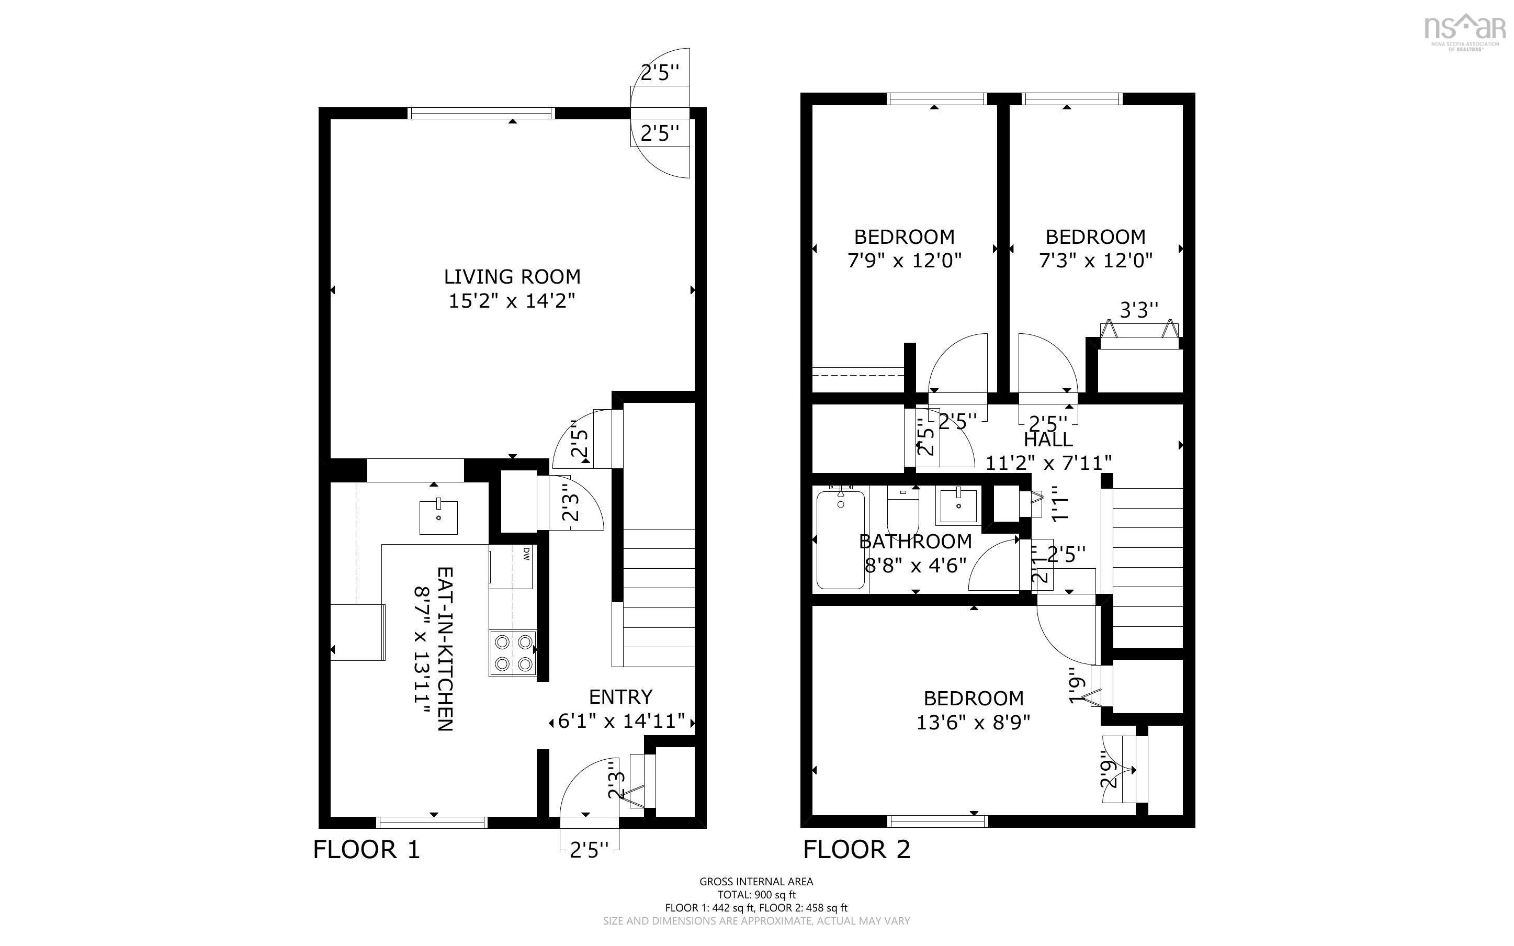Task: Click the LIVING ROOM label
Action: pos(512,277)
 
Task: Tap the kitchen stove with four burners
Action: pos(513,652)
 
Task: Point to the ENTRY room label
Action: pos(620,696)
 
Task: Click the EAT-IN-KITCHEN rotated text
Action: pos(444,649)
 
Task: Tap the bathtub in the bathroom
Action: pos(841,539)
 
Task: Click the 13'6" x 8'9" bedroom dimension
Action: pos(973,723)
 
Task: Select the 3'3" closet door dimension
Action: pos(1138,310)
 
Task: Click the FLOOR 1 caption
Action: pos(366,850)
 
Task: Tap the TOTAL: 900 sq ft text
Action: pos(756,895)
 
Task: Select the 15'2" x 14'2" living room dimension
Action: pos(512,301)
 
